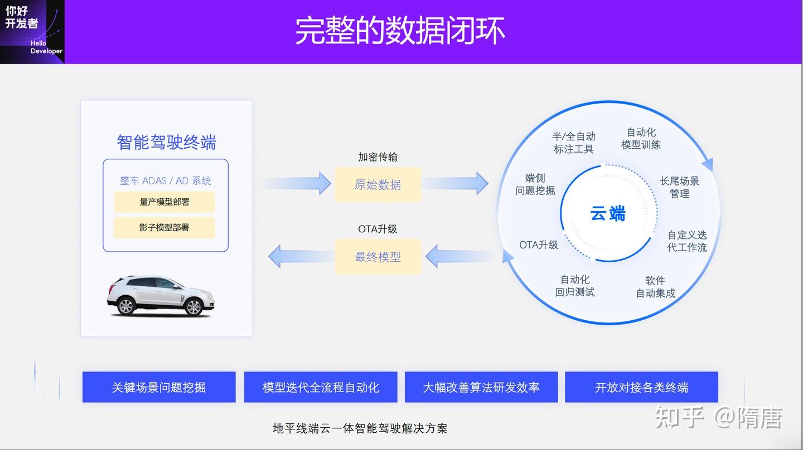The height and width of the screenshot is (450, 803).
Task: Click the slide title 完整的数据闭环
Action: tap(400, 31)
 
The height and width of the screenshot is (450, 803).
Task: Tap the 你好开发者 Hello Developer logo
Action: tap(32, 31)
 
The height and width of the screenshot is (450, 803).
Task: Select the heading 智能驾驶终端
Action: tap(166, 143)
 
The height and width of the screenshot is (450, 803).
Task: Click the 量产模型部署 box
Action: tap(165, 202)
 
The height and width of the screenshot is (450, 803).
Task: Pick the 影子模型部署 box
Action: tap(165, 228)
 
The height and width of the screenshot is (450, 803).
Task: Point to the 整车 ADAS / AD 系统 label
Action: tap(166, 180)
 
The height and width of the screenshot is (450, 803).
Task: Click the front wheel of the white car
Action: tap(194, 306)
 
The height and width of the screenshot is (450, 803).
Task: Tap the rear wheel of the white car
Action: tap(127, 306)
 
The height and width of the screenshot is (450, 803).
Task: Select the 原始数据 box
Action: tap(378, 185)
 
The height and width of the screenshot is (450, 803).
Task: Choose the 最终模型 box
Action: tap(378, 257)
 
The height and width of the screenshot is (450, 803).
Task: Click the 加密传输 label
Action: tap(378, 158)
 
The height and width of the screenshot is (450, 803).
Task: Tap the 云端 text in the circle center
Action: tap(607, 213)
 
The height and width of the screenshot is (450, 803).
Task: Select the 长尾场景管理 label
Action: tap(679, 187)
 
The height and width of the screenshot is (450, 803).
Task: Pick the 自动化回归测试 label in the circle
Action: tap(575, 286)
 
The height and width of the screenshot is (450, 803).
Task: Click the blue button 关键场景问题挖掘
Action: tap(159, 387)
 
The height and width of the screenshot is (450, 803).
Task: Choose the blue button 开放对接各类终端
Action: tap(641, 387)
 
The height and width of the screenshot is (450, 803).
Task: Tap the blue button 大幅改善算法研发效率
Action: tap(481, 387)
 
